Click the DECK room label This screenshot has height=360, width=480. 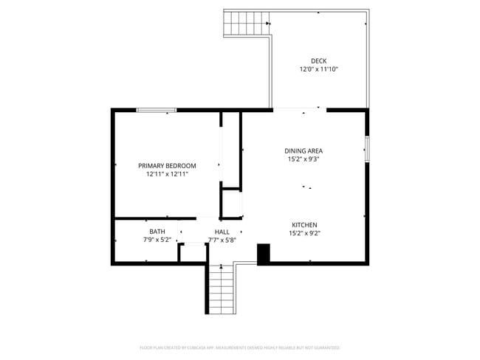point(318,61)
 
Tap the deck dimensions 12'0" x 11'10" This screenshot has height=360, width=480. point(318,69)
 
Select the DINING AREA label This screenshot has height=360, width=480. point(304,150)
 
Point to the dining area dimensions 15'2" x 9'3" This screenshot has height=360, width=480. point(304,159)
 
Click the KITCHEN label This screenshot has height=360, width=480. point(304,225)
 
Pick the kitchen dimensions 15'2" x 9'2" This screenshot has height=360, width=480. point(304,233)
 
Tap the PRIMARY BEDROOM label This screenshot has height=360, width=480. point(167,165)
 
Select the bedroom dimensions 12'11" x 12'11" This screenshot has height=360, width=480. point(167,174)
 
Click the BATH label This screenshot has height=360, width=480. point(157,232)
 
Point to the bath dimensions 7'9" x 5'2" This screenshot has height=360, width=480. point(157,240)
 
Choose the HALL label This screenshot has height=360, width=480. point(222,232)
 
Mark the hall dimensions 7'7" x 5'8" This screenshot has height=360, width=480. point(222,240)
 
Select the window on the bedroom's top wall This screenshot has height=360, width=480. point(156,111)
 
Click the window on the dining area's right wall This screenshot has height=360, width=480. point(366,149)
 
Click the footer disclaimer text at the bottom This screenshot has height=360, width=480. point(239,347)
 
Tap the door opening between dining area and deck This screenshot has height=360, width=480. point(300,110)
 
